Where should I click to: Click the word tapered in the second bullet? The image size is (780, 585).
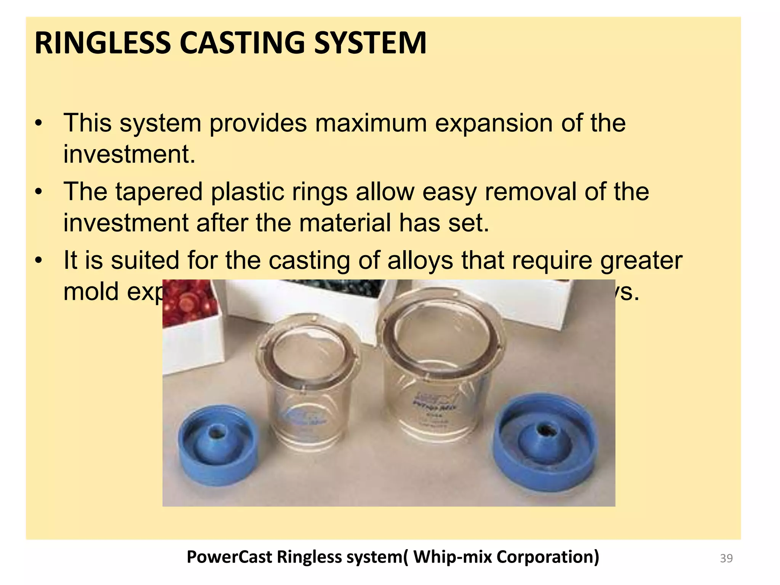coord(159,192)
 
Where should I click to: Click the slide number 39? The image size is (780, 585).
coord(726,558)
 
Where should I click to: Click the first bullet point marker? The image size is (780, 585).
coord(38,124)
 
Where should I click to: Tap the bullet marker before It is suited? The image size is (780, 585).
coord(38,261)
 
